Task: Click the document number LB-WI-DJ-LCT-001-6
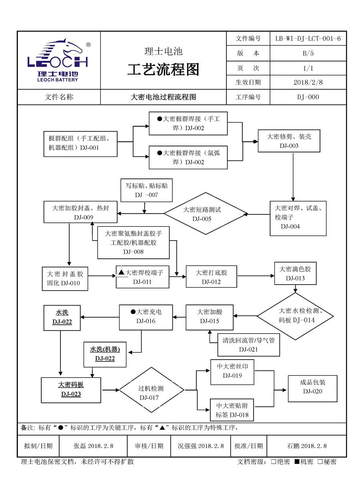point(308,38)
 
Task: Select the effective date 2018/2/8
point(308,82)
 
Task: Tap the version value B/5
point(308,53)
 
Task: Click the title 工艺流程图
point(163,69)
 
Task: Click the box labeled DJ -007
point(146,190)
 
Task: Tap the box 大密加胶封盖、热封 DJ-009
point(80,212)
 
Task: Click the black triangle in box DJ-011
point(122,272)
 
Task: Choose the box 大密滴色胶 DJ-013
point(295,273)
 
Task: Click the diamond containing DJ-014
point(295,316)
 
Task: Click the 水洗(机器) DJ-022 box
point(105,354)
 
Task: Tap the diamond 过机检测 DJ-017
point(151,393)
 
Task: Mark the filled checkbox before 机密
point(297,462)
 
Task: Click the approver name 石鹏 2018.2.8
point(306,446)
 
